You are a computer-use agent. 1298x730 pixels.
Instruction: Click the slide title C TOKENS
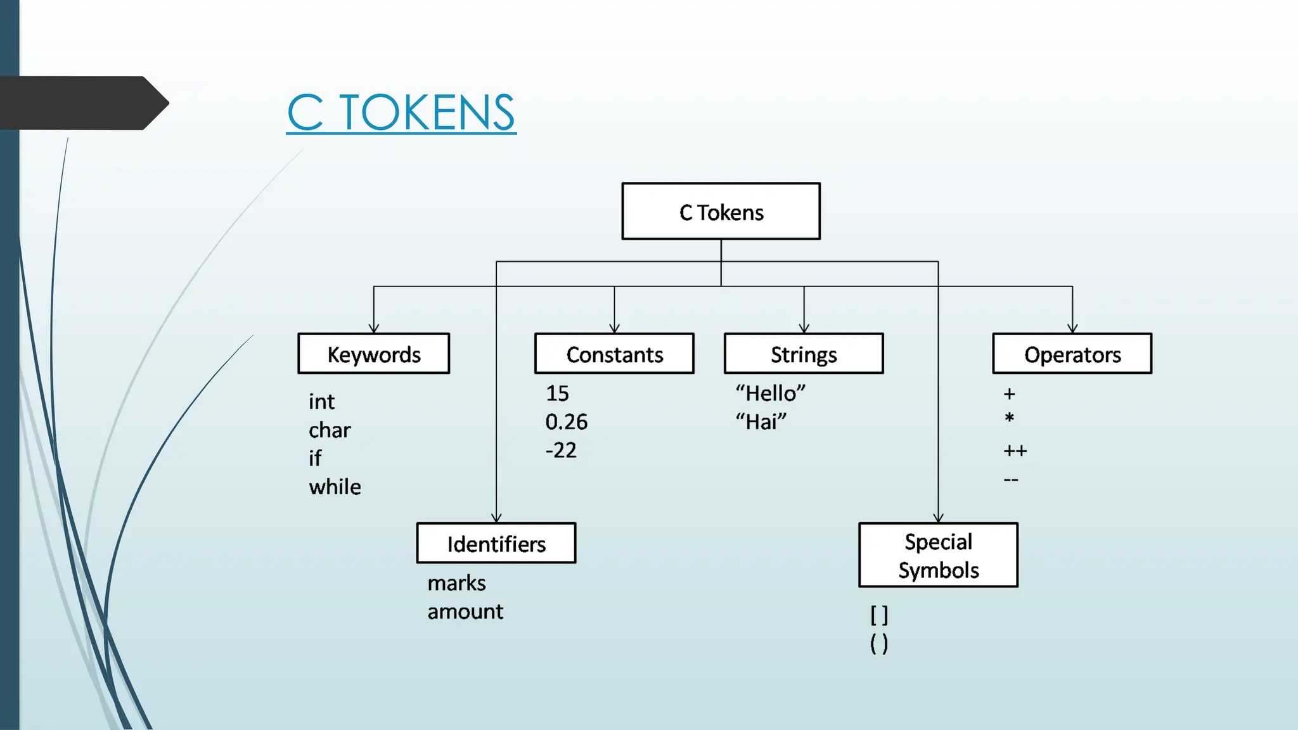pyautogui.click(x=401, y=113)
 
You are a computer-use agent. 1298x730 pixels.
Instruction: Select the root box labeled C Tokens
pyautogui.click(x=721, y=212)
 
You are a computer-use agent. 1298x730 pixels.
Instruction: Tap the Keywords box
pyautogui.click(x=373, y=354)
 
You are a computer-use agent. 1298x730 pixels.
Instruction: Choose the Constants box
pyautogui.click(x=614, y=354)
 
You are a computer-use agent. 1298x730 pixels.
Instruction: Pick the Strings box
pyautogui.click(x=803, y=354)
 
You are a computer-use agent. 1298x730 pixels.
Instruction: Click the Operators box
pyautogui.click(x=1072, y=354)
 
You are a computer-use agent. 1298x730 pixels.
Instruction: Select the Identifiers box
pyautogui.click(x=496, y=543)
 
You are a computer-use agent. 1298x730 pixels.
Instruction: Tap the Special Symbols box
pyautogui.click(x=938, y=555)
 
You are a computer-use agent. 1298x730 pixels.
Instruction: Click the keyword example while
pyautogui.click(x=335, y=487)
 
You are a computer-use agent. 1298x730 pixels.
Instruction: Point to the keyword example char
pyautogui.click(x=330, y=430)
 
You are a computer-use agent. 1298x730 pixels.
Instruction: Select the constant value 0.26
pyautogui.click(x=567, y=422)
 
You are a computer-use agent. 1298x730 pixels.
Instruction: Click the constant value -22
pyautogui.click(x=561, y=451)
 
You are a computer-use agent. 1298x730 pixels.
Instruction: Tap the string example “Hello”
pyautogui.click(x=770, y=394)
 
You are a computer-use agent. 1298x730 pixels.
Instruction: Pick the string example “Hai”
pyautogui.click(x=761, y=422)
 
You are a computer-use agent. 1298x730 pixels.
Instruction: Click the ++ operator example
pyautogui.click(x=1015, y=451)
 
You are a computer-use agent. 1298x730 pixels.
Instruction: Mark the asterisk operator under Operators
pyautogui.click(x=1010, y=418)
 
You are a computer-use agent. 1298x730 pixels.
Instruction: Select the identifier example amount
pyautogui.click(x=465, y=612)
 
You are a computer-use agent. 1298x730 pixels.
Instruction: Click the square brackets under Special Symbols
pyautogui.click(x=879, y=615)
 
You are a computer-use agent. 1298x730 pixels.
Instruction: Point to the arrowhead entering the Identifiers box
pyautogui.click(x=496, y=518)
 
